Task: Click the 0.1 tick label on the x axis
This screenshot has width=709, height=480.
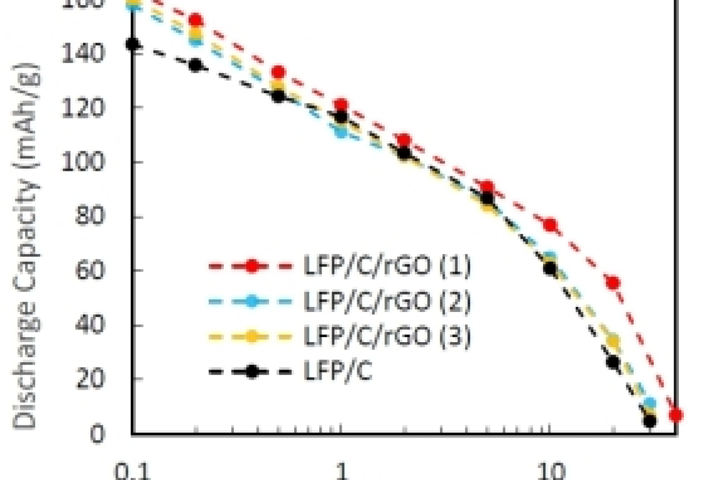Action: pyautogui.click(x=132, y=472)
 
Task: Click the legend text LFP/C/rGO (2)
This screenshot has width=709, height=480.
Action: pyautogui.click(x=386, y=303)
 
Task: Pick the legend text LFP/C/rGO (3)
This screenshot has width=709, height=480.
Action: pyautogui.click(x=386, y=337)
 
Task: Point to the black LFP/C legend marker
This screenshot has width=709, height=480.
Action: pyautogui.click(x=252, y=372)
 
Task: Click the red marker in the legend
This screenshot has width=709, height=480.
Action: pyautogui.click(x=252, y=267)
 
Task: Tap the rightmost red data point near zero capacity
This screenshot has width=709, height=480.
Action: pyautogui.click(x=676, y=415)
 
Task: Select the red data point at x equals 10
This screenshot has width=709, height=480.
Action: pyautogui.click(x=550, y=225)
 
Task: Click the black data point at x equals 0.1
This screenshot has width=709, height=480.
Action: pyautogui.click(x=132, y=44)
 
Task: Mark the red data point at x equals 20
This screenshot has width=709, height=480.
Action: pyautogui.click(x=613, y=282)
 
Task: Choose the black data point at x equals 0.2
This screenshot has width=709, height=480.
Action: pyautogui.click(x=195, y=65)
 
